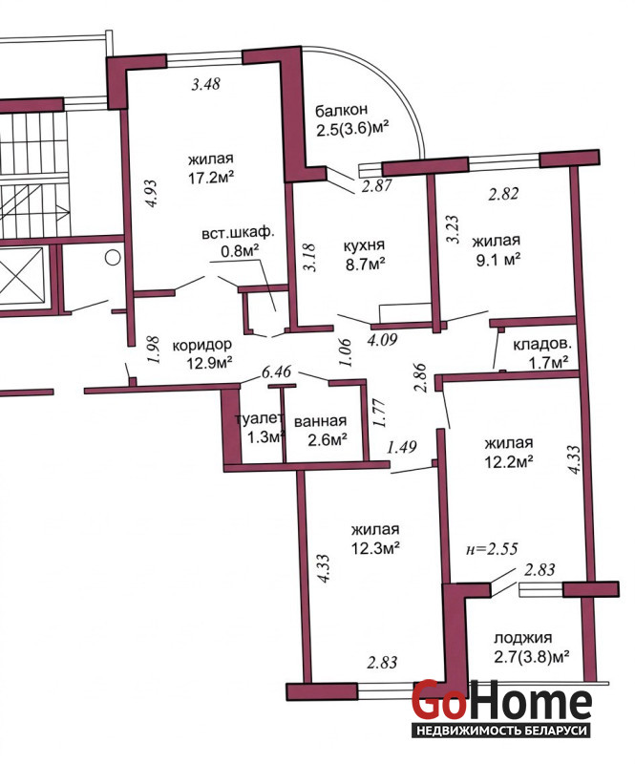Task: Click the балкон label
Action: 341,111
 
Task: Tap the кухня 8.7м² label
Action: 365,254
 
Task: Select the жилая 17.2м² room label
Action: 211,168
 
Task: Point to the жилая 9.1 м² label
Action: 497,249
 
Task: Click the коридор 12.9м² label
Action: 202,353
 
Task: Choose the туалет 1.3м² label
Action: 260,428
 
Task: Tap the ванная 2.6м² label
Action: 320,430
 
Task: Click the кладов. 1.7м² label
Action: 541,352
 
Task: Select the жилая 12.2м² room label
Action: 508,452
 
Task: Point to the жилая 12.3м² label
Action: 375,539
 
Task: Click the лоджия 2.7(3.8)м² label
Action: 532,647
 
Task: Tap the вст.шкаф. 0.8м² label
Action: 239,242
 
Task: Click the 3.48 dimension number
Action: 205,84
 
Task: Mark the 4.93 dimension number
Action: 152,194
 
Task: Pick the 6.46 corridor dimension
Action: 276,372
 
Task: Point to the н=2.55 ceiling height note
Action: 492,548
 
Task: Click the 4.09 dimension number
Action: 382,339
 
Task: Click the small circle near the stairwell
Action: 113,257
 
